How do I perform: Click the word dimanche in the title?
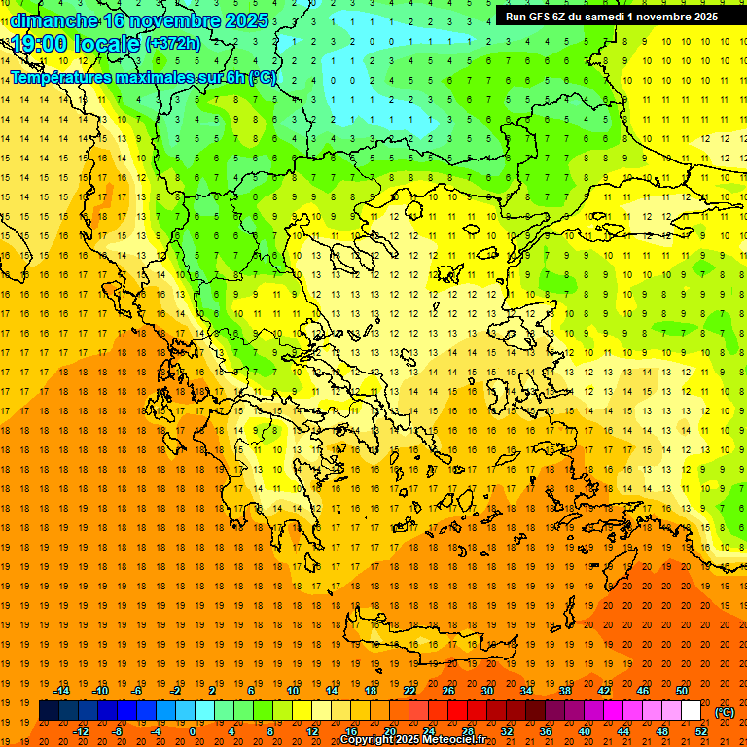[x=54, y=20]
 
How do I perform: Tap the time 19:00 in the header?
[x=39, y=45]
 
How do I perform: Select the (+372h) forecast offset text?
[x=173, y=44]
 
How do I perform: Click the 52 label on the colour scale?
[x=701, y=731]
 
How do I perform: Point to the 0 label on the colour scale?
[x=193, y=731]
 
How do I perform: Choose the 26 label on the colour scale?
[x=448, y=691]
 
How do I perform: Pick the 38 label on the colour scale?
[x=565, y=691]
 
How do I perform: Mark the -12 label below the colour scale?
[x=81, y=731]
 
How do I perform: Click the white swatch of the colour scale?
[x=691, y=711]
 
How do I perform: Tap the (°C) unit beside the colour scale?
[x=725, y=712]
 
